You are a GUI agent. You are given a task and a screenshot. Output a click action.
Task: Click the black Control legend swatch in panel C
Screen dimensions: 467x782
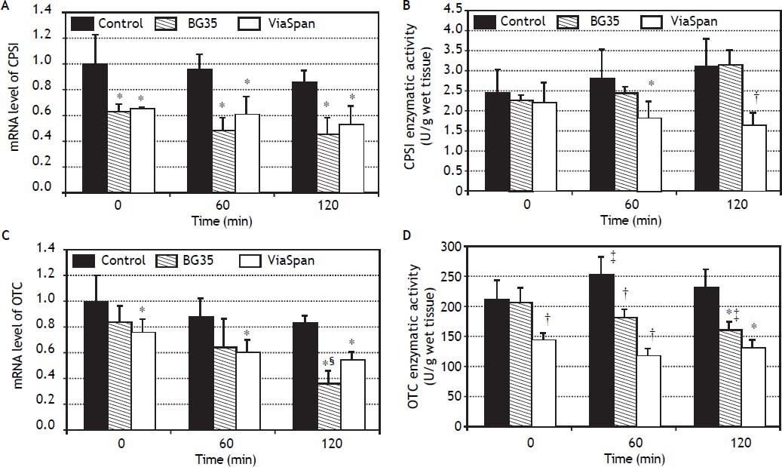point(87,260)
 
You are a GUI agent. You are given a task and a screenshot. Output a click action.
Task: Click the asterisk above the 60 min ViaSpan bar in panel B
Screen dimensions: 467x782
point(652,84)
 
